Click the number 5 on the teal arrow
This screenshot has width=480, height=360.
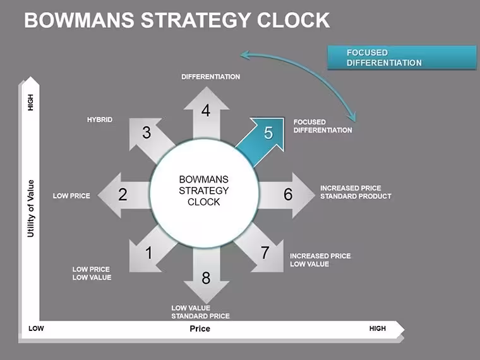point(268,133)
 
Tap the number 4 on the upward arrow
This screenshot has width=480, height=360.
point(206,110)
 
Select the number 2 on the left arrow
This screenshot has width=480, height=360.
point(123,195)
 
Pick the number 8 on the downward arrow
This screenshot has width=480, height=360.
point(206,278)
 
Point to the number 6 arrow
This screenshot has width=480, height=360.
point(286,195)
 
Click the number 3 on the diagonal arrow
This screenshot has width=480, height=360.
point(147,133)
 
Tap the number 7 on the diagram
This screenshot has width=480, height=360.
point(265,253)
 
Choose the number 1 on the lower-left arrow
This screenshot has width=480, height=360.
point(149,253)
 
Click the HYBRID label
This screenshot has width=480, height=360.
point(100,119)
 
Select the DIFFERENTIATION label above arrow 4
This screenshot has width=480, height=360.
point(210,76)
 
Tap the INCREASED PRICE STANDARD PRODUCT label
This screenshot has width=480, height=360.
point(356,192)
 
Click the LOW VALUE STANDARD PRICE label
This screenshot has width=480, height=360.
point(200,312)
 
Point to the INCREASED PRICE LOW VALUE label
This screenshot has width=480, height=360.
point(320,260)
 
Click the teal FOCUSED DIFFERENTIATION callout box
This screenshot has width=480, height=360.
point(402,57)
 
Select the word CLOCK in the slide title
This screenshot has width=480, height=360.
point(293,20)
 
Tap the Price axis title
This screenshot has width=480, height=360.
point(200,328)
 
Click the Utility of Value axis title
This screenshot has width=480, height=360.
point(30,208)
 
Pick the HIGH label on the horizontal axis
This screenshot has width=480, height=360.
point(378,328)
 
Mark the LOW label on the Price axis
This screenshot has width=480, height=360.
point(36,328)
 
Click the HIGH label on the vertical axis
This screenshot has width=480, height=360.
point(30,102)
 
